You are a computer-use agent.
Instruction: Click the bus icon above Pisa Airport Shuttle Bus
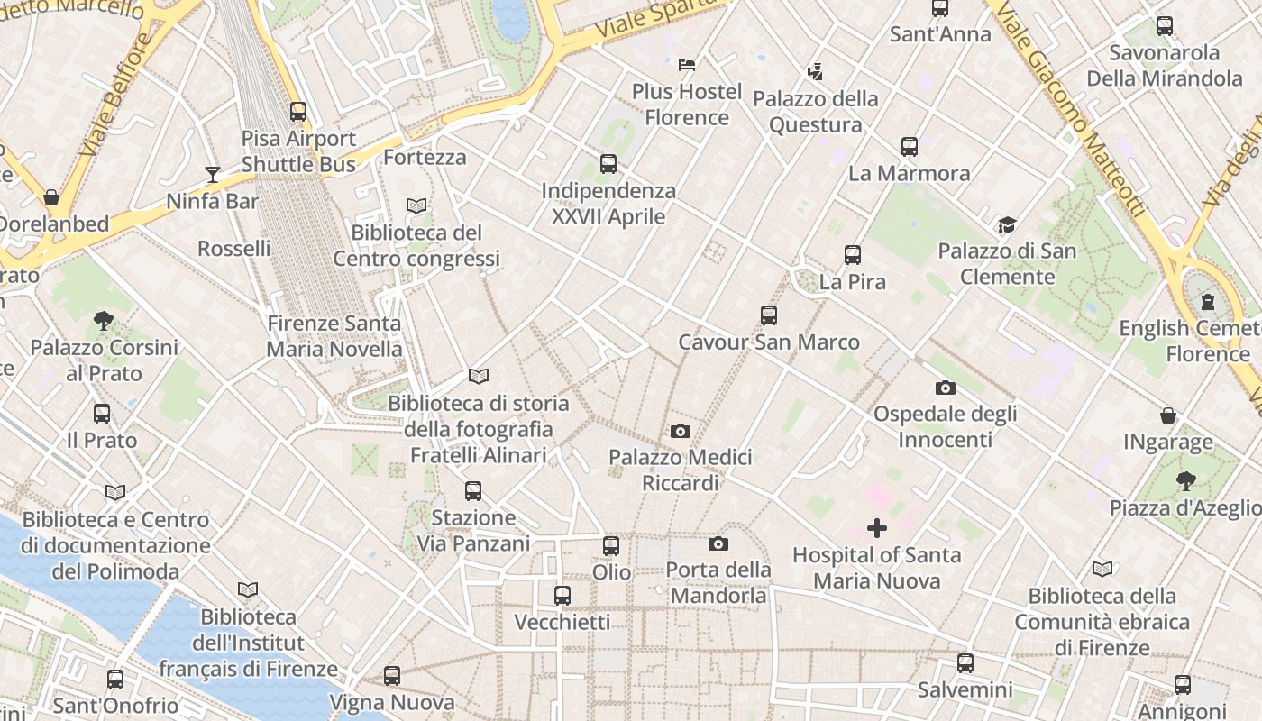[298, 112]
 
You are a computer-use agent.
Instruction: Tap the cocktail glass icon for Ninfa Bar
[213, 174]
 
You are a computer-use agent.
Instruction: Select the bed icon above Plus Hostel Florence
[687, 64]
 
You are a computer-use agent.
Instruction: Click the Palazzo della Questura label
[816, 112]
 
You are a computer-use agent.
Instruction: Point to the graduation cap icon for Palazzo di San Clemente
[1007, 224]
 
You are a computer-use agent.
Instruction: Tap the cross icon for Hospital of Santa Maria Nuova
[876, 528]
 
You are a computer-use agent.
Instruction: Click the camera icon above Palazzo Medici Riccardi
[681, 431]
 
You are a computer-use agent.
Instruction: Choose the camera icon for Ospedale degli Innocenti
[945, 388]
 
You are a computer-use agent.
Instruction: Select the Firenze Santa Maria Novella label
[334, 336]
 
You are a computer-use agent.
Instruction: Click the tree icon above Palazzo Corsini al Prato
[104, 320]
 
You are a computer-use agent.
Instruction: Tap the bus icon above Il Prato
[102, 414]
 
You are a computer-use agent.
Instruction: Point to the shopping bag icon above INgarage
[1168, 415]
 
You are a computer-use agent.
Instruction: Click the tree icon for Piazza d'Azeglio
[1185, 481]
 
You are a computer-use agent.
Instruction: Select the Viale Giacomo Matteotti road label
[1073, 108]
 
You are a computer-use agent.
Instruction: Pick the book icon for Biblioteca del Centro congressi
[416, 205]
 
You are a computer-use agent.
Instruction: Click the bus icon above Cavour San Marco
[769, 315]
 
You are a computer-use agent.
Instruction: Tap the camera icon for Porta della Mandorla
[718, 543]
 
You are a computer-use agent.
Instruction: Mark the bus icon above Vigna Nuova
[391, 676]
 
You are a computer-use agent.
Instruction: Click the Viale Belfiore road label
[115, 95]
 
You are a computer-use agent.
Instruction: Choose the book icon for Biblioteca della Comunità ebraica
[1102, 569]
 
